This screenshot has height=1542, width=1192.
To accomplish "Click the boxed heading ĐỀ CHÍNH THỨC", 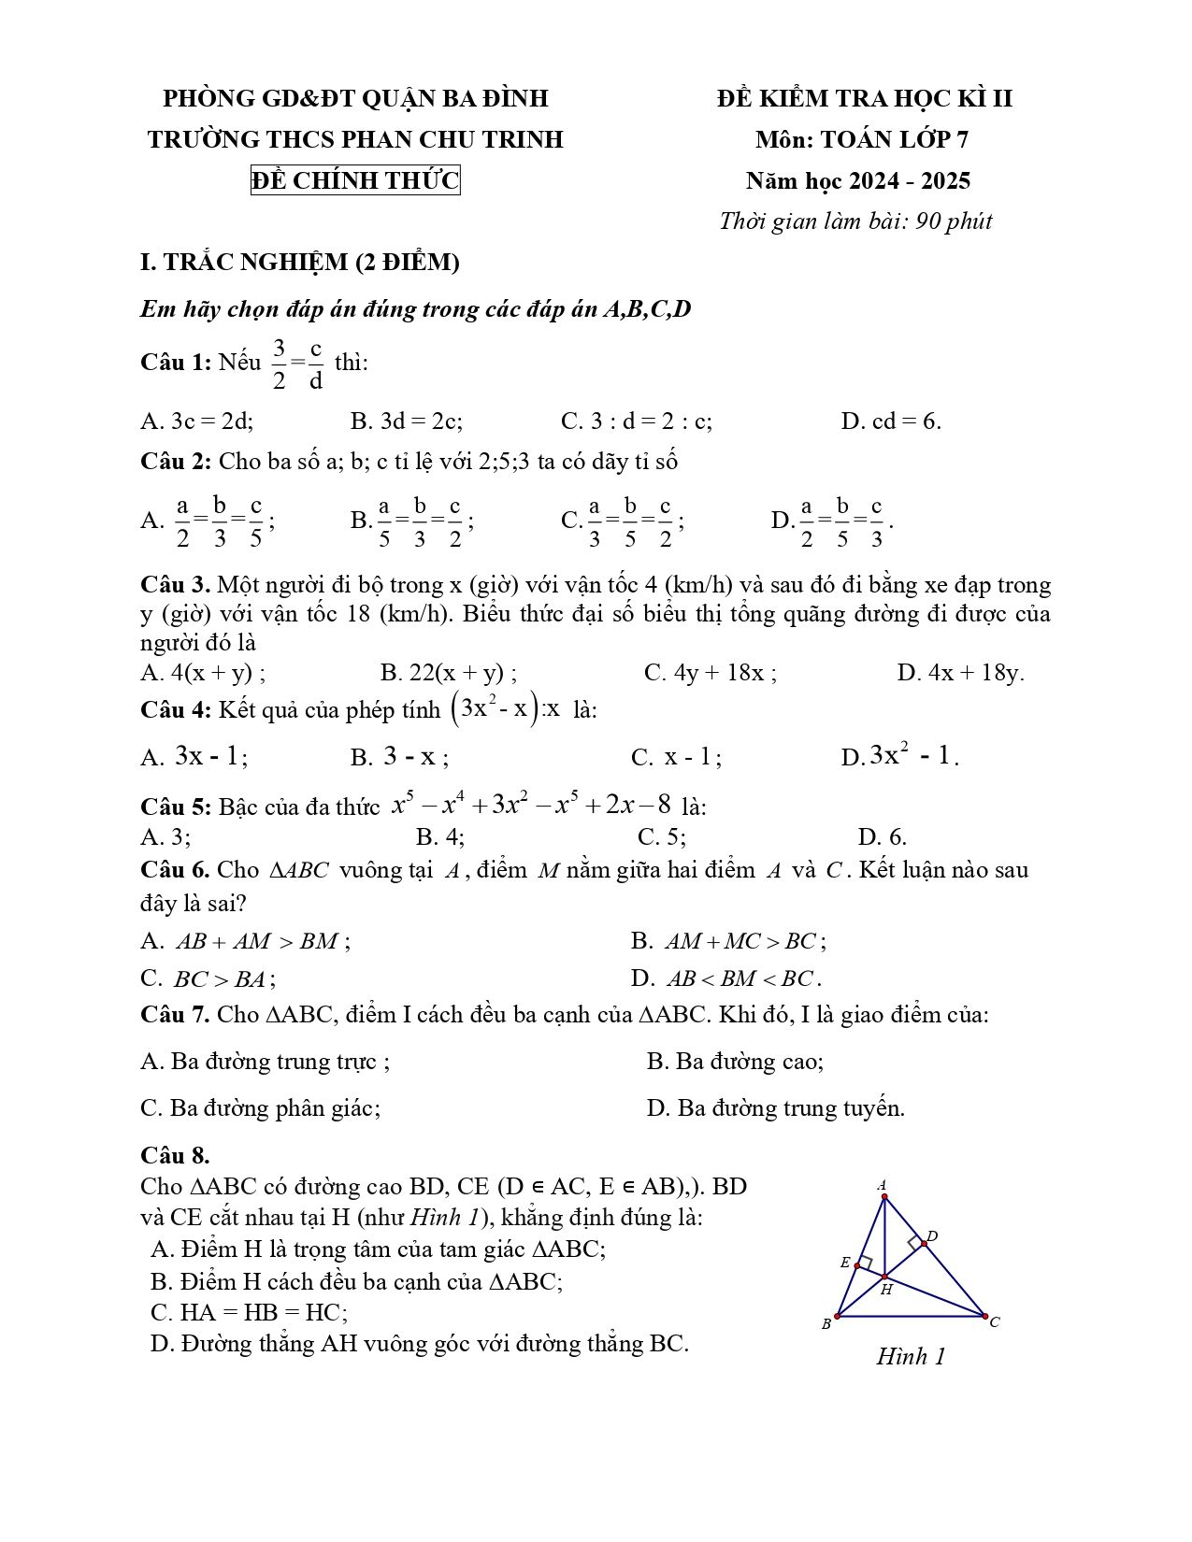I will click(x=355, y=179).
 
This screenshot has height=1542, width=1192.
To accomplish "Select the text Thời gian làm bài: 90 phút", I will click(x=855, y=221).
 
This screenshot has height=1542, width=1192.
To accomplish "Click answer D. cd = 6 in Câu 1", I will click(x=890, y=421).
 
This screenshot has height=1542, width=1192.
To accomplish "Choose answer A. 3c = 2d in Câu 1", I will click(x=197, y=421).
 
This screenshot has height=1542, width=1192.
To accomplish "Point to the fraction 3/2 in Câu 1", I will click(x=279, y=364).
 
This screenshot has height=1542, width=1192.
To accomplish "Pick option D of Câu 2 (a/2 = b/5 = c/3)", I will click(x=832, y=521).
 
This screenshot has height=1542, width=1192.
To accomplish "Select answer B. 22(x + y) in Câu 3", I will click(x=449, y=673).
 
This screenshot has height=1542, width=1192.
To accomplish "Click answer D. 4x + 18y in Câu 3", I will click(x=960, y=673).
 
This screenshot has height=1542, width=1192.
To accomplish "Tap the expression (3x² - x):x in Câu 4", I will click(x=506, y=708).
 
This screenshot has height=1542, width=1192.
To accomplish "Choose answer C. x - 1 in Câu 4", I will click(x=676, y=757).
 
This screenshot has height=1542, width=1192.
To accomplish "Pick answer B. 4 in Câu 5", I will click(x=440, y=836).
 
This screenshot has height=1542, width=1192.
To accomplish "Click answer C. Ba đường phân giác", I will click(x=261, y=1108).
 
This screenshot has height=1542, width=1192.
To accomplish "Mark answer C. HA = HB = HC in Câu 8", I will click(x=249, y=1312).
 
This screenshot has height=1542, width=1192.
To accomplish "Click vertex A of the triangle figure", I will click(x=883, y=1195).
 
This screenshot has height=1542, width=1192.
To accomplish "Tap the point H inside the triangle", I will click(x=884, y=1276).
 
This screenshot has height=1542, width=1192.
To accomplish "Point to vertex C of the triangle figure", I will click(x=985, y=1316).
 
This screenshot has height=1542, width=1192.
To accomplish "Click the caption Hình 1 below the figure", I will click(x=911, y=1356).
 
